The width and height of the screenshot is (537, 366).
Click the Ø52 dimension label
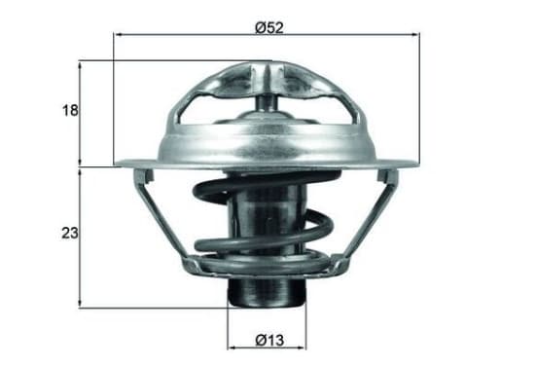click(x=269, y=28)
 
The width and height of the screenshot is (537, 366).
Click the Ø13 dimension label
click(x=269, y=341)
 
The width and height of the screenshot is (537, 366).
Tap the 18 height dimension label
click(x=70, y=111)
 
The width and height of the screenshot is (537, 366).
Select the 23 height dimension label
click(x=70, y=233)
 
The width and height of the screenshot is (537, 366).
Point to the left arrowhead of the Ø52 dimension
click(x=118, y=35)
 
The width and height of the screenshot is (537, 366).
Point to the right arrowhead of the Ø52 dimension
click(x=415, y=35)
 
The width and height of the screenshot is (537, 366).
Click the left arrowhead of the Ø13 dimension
click(x=232, y=348)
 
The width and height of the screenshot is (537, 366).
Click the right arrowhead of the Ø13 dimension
click(x=302, y=348)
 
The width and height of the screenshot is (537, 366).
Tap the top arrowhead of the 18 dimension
click(x=80, y=66)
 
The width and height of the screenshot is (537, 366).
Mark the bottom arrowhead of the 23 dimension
click(x=80, y=303)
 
